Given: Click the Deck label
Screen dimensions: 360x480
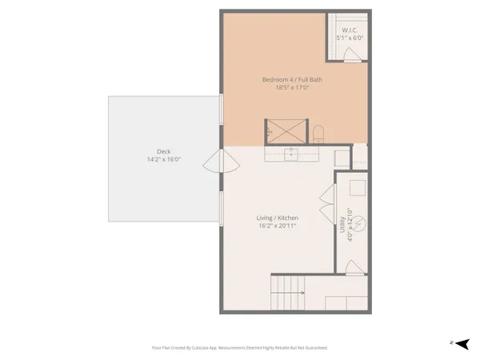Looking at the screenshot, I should [x=163, y=151].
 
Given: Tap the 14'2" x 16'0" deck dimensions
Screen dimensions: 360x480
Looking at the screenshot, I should [x=163, y=159].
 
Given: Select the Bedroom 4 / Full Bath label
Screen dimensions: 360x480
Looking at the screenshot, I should [x=293, y=79].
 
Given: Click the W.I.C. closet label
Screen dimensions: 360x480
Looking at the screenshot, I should [x=349, y=30].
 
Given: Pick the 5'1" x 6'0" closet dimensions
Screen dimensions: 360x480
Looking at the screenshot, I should [x=349, y=38].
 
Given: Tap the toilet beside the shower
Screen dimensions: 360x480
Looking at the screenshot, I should [x=318, y=133].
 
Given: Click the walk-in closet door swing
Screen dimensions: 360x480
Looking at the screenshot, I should [x=350, y=54].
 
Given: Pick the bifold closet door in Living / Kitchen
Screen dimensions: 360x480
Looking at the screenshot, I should [x=326, y=200].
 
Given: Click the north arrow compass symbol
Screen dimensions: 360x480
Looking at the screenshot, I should [x=460, y=343].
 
